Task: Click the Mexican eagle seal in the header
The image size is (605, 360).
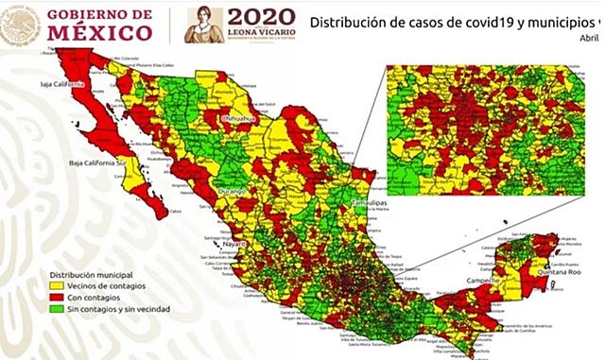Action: click(21, 24)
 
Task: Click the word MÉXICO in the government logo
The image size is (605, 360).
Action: click(99, 32)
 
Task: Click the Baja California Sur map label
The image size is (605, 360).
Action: click(99, 163)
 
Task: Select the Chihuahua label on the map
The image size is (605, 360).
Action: click(240, 119)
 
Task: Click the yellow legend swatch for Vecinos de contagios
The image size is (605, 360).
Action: click(56, 287)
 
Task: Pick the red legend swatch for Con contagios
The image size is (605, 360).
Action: click(56, 298)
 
